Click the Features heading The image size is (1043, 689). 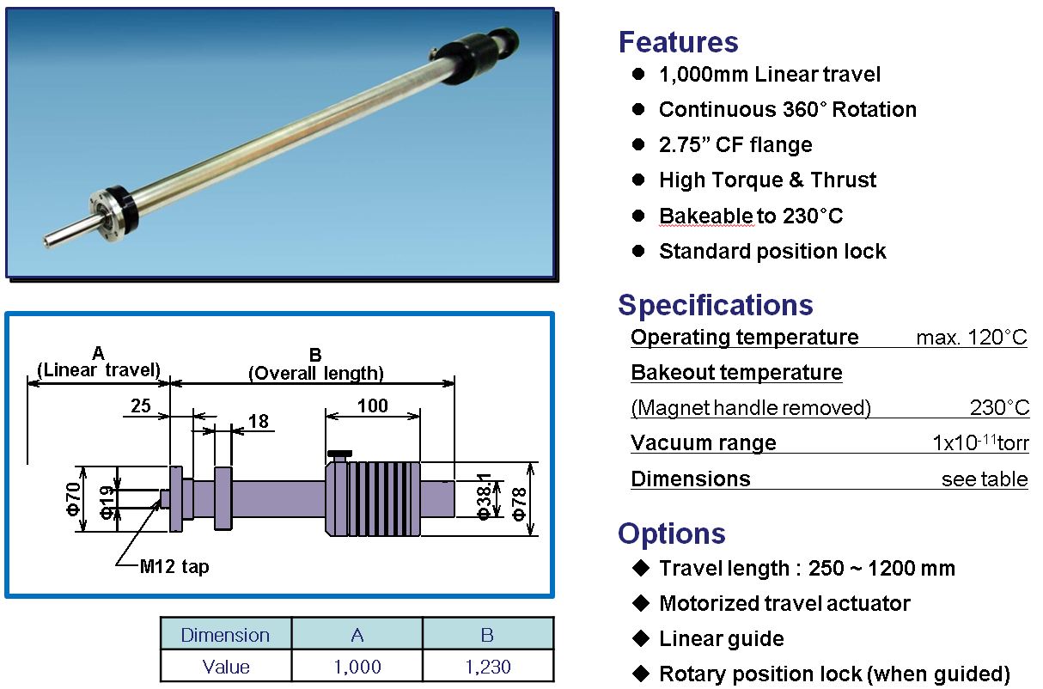click(678, 42)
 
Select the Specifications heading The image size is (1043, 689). click(715, 305)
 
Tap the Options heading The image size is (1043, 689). click(672, 534)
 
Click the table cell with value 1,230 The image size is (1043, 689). click(488, 667)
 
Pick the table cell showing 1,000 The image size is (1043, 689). click(357, 667)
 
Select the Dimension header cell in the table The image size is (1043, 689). click(225, 635)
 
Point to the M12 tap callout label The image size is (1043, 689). click(174, 566)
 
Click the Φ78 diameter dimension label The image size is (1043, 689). click(519, 503)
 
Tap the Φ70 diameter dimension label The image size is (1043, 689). click(74, 498)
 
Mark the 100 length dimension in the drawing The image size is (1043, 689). click(373, 406)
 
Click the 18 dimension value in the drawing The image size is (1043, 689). click(259, 422)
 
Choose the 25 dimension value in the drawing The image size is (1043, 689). click(141, 406)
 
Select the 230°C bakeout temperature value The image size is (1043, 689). click(999, 408)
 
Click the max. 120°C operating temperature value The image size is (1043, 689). click(972, 338)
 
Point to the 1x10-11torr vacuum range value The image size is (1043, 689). click(980, 442)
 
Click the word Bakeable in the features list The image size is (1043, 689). click(707, 216)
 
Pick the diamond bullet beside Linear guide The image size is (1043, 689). click(641, 638)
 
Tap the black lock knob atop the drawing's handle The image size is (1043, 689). click(339, 454)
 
